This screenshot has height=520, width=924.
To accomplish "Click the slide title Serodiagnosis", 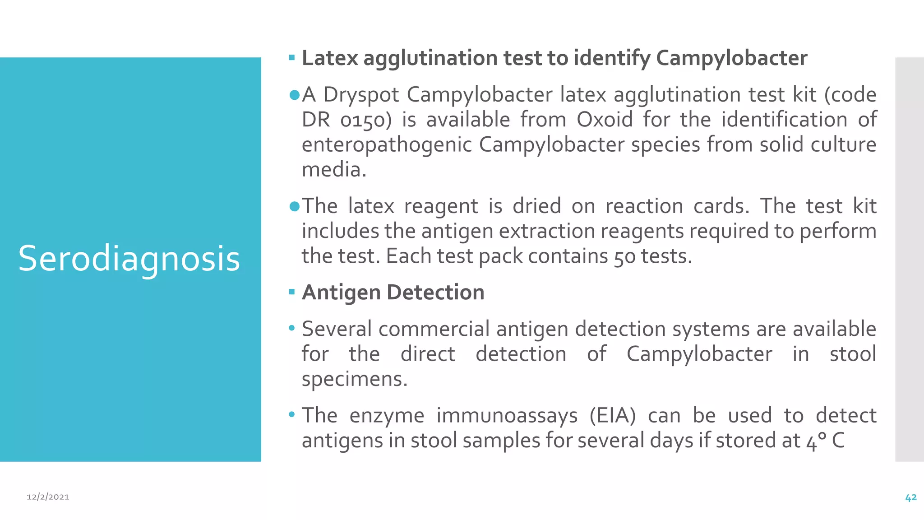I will tap(129, 259).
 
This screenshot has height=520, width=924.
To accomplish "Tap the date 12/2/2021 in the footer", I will tap(48, 497).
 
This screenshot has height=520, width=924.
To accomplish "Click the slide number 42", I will tap(910, 497).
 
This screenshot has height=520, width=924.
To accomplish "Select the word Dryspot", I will tap(361, 95).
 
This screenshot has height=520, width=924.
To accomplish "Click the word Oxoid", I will tap(605, 120).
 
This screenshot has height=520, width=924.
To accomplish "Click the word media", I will tap(334, 170).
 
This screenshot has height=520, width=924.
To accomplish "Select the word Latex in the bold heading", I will tap(330, 58).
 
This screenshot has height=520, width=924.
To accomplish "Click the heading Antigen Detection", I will tap(393, 292).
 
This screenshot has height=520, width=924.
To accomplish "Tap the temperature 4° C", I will tap(825, 441).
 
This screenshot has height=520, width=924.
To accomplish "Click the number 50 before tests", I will tap(624, 257).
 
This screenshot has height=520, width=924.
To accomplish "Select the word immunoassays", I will tap(507, 415).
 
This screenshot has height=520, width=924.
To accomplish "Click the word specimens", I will tap(354, 379).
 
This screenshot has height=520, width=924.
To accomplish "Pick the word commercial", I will tap(434, 329).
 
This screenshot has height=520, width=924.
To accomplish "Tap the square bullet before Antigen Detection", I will tap(292, 292).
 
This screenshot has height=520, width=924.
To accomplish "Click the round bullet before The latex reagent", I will tap(294, 206).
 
